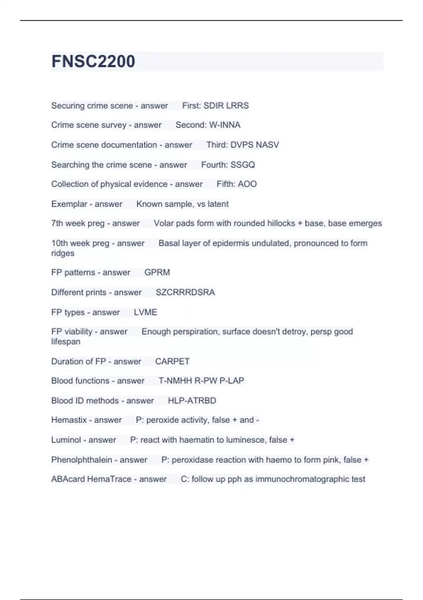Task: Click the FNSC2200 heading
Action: click(93, 61)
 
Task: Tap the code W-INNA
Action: click(225, 125)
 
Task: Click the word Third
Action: click(216, 145)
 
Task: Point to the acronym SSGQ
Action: click(243, 165)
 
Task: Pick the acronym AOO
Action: click(247, 184)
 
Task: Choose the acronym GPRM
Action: click(157, 272)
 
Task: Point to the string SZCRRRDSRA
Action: click(185, 293)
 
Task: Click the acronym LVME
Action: click(145, 312)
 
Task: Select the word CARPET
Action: click(172, 361)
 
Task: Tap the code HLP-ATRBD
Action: click(192, 401)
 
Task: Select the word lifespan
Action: click(66, 342)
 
